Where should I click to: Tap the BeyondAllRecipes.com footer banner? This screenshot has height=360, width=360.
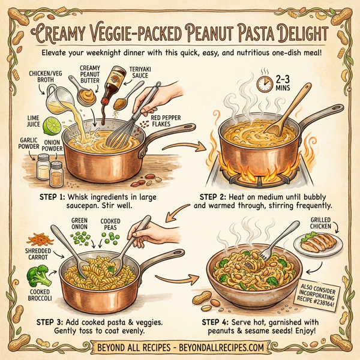click(x=180, y=347)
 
